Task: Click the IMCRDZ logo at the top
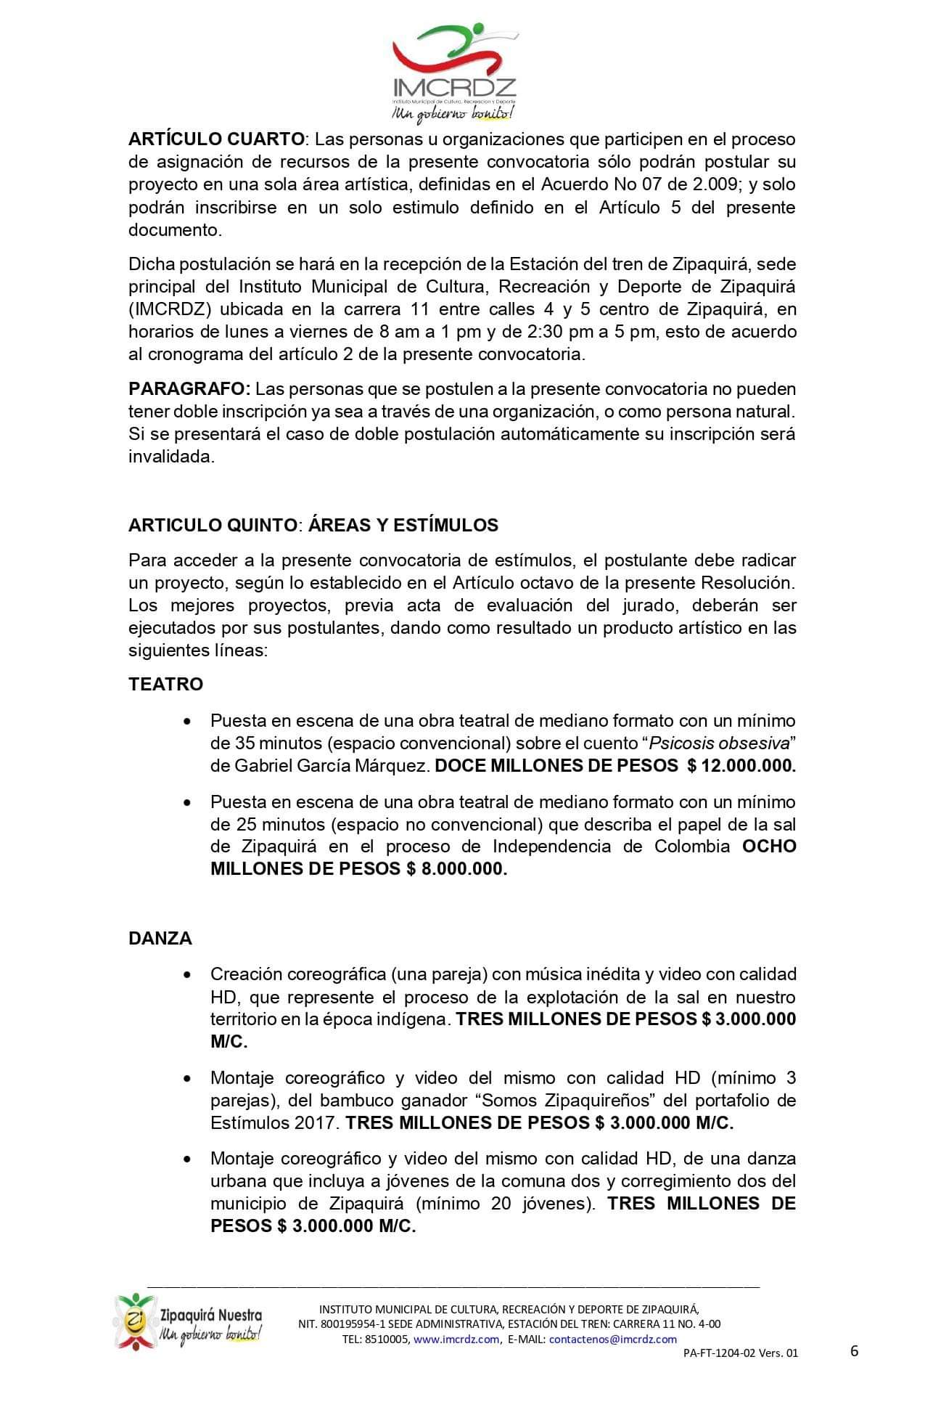[x=454, y=73]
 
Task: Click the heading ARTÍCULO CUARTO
[x=215, y=139]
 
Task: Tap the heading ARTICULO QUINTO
[x=212, y=525]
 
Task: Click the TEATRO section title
[x=165, y=684]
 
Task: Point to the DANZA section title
[x=160, y=938]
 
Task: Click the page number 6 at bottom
[x=854, y=1350]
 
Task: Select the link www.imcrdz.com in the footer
[x=456, y=1339]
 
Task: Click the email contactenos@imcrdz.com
[x=612, y=1339]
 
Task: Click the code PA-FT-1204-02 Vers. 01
[x=740, y=1353]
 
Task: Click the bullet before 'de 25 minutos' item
[x=189, y=803]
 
